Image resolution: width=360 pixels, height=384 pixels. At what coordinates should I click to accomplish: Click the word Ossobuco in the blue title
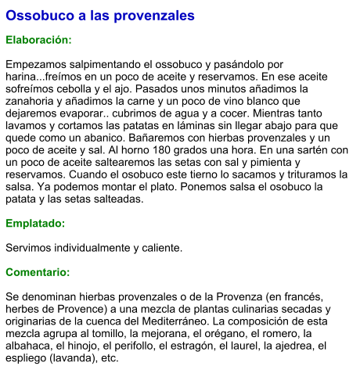(x=39, y=16)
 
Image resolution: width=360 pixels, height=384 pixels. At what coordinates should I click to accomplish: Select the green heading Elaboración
(x=39, y=39)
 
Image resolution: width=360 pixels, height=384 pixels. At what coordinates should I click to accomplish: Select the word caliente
(x=160, y=248)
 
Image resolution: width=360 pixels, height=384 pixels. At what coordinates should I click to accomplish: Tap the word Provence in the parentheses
(x=88, y=309)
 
